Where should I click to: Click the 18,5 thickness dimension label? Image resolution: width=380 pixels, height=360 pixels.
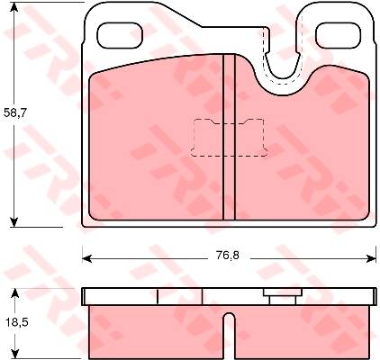[x=17, y=322]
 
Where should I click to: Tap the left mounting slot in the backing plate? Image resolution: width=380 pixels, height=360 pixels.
[x=120, y=35]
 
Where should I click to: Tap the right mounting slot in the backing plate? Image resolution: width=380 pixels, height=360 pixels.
[x=339, y=35]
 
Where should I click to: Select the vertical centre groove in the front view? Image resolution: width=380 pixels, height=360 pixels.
[x=230, y=137]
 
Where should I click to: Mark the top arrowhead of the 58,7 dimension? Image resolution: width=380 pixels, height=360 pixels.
[x=14, y=7]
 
